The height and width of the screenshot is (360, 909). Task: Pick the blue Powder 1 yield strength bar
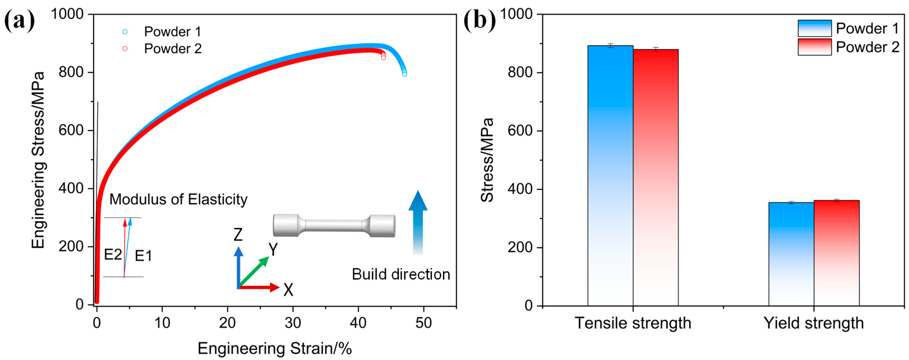791,254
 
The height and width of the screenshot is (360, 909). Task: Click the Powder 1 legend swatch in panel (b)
814,28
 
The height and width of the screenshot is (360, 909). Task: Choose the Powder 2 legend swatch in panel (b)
814,47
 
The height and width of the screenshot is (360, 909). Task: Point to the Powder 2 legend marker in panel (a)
125,48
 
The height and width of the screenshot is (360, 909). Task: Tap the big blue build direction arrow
418,222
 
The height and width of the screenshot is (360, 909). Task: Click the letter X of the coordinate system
288,290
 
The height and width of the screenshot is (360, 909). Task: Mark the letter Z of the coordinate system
238,235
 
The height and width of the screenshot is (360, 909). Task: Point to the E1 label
143,256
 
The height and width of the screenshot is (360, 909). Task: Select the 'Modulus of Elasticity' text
178,199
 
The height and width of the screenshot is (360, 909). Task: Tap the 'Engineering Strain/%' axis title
274,348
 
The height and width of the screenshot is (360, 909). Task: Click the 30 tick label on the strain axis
293,323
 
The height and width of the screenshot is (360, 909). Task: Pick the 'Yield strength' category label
813,323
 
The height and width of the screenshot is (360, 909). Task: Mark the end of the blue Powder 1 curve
404,74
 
